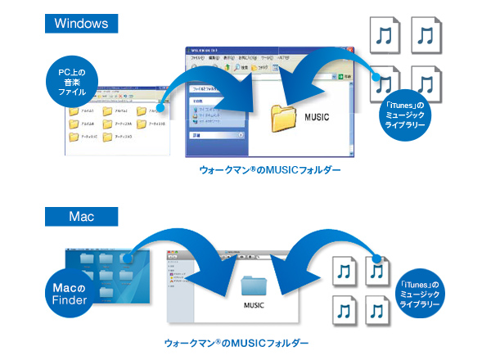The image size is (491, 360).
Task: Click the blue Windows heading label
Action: coord(81,23)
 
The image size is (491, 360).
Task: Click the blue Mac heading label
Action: coord(81,217)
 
